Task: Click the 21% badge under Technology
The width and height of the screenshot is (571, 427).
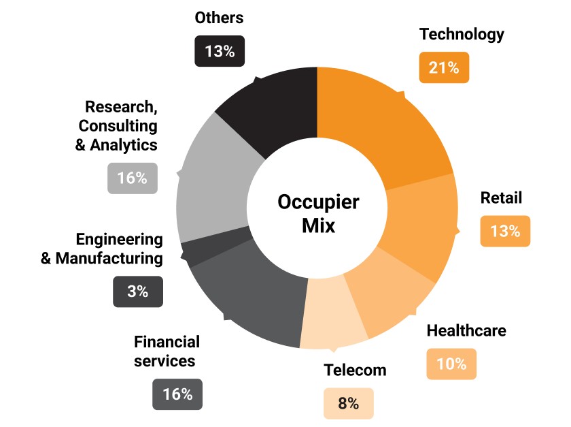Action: pos(444,67)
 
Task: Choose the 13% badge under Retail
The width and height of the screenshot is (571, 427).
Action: pos(505,231)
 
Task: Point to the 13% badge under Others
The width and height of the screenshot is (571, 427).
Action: pos(220,51)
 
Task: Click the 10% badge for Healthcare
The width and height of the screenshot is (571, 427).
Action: pos(451,364)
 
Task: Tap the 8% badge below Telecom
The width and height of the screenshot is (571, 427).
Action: pos(348,403)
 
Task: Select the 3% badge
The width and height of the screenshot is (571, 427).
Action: pos(138,291)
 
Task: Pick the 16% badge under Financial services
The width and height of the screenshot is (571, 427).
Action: pos(177,394)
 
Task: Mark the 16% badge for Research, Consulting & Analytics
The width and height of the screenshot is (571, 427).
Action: pos(132,178)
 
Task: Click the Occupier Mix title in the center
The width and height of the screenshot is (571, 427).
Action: pos(318,213)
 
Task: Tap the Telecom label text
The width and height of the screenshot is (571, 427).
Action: pos(355,370)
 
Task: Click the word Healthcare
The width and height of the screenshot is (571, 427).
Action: pos(466,331)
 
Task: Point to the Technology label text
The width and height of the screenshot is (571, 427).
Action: pos(462,34)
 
